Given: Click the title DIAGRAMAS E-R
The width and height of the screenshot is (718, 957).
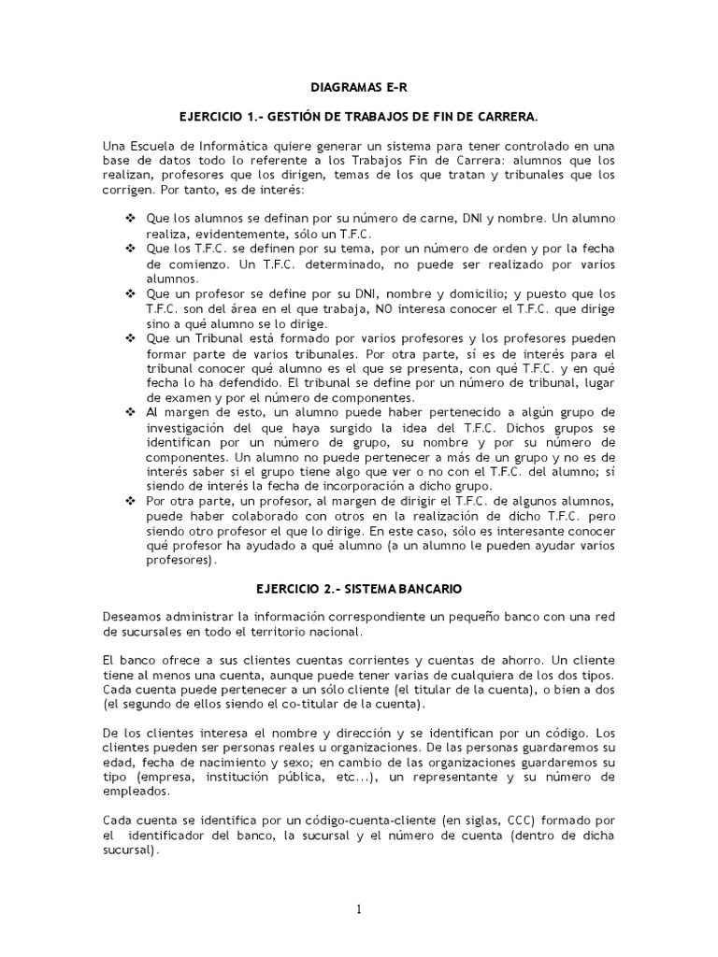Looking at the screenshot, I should pos(358,87).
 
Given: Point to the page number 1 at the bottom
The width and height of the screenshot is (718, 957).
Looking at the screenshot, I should pos(358,909).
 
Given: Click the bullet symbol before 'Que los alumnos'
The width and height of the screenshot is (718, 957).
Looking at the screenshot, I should pos(131,218).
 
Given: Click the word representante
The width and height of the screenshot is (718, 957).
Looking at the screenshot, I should pos(457,777).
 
